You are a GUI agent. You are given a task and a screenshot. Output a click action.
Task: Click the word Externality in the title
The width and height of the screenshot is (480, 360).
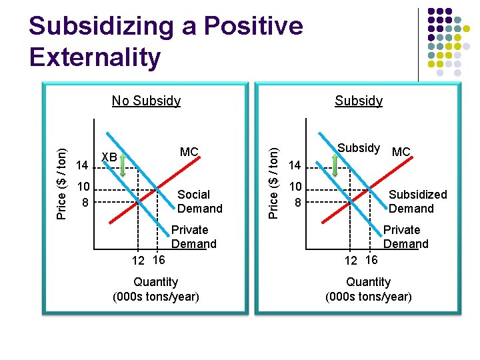tap(95, 57)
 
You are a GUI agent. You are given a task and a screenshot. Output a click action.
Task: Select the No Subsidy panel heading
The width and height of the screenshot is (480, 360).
tap(146, 101)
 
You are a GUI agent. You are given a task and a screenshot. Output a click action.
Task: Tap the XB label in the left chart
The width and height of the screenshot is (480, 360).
tap(109, 157)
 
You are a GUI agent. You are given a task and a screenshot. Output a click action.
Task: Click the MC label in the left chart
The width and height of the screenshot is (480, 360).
tap(189, 152)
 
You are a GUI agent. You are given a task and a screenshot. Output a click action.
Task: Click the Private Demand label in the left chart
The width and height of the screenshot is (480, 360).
tap(193, 237)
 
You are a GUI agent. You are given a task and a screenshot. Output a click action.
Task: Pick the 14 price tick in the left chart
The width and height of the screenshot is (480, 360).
tap(83, 165)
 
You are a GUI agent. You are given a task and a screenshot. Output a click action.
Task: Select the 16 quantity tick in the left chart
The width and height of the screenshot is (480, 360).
tap(159, 259)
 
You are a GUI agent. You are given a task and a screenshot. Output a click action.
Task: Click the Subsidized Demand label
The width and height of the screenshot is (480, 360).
tap(417, 201)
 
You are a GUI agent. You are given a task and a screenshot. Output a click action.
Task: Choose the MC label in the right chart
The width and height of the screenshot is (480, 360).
tap(401, 152)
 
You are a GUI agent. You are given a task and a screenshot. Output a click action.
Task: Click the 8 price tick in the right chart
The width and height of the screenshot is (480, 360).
tap(298, 201)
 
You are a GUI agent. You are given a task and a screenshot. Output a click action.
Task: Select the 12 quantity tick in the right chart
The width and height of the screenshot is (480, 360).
tap(350, 261)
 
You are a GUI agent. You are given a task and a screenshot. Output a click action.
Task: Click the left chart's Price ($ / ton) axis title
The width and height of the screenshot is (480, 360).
tap(61, 183)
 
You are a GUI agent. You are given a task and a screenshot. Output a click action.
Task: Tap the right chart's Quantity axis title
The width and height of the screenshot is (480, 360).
tap(368, 289)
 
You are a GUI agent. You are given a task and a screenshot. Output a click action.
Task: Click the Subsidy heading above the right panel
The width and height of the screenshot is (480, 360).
tap(359, 101)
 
